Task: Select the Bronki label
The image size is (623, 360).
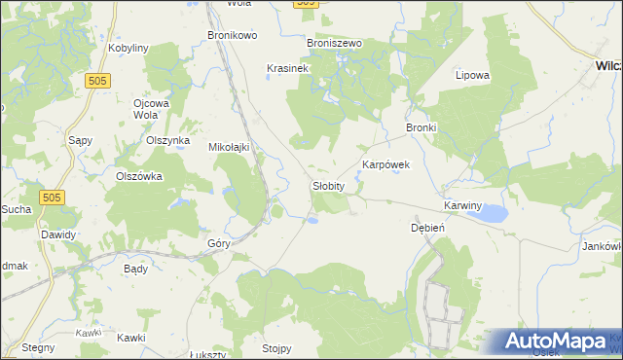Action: point(421,127)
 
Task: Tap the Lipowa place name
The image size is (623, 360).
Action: point(472,74)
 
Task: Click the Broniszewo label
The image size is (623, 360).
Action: point(334,44)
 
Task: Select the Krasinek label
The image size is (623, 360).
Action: point(287,68)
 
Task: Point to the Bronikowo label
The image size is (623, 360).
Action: point(232,35)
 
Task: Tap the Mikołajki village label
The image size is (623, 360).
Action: point(231,147)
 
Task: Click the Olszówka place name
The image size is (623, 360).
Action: point(138,176)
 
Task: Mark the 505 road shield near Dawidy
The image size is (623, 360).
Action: point(54,198)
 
